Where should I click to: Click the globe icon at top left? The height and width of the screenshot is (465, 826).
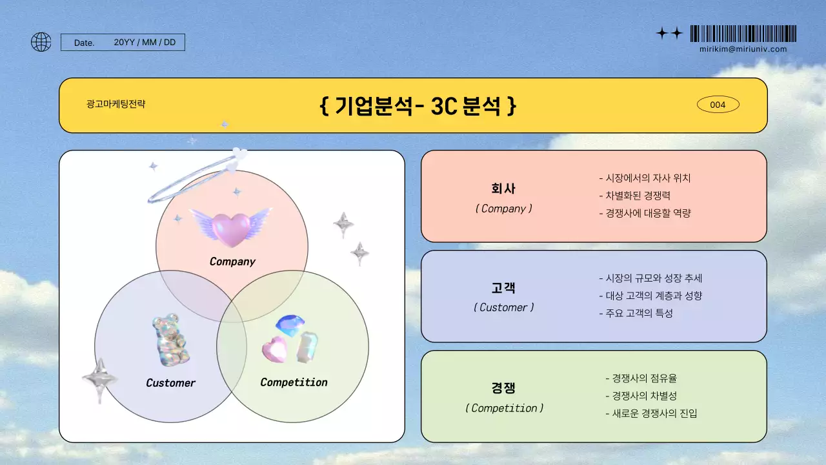tap(41, 42)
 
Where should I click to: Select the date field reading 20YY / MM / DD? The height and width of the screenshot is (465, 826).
tap(145, 43)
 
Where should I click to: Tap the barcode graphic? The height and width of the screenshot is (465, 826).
tap(743, 34)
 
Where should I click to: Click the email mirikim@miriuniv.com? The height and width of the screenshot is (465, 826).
tap(743, 49)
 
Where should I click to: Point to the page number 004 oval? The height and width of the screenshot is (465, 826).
tap(718, 105)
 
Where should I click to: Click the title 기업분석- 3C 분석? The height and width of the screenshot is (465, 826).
tap(418, 105)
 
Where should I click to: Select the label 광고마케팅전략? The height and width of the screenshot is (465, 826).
tap(116, 103)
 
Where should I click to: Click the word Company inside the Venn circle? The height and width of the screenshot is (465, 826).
tap(232, 262)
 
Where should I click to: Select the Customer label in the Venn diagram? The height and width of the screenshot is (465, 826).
tap(170, 383)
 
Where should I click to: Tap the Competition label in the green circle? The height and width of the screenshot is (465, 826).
tap(294, 382)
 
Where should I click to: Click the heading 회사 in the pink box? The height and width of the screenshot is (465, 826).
tap(503, 189)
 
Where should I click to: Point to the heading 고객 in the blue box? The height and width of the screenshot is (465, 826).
tap(503, 288)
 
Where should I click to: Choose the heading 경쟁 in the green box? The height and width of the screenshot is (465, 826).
tap(503, 388)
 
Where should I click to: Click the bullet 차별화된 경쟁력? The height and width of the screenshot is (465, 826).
tap(638, 196)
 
